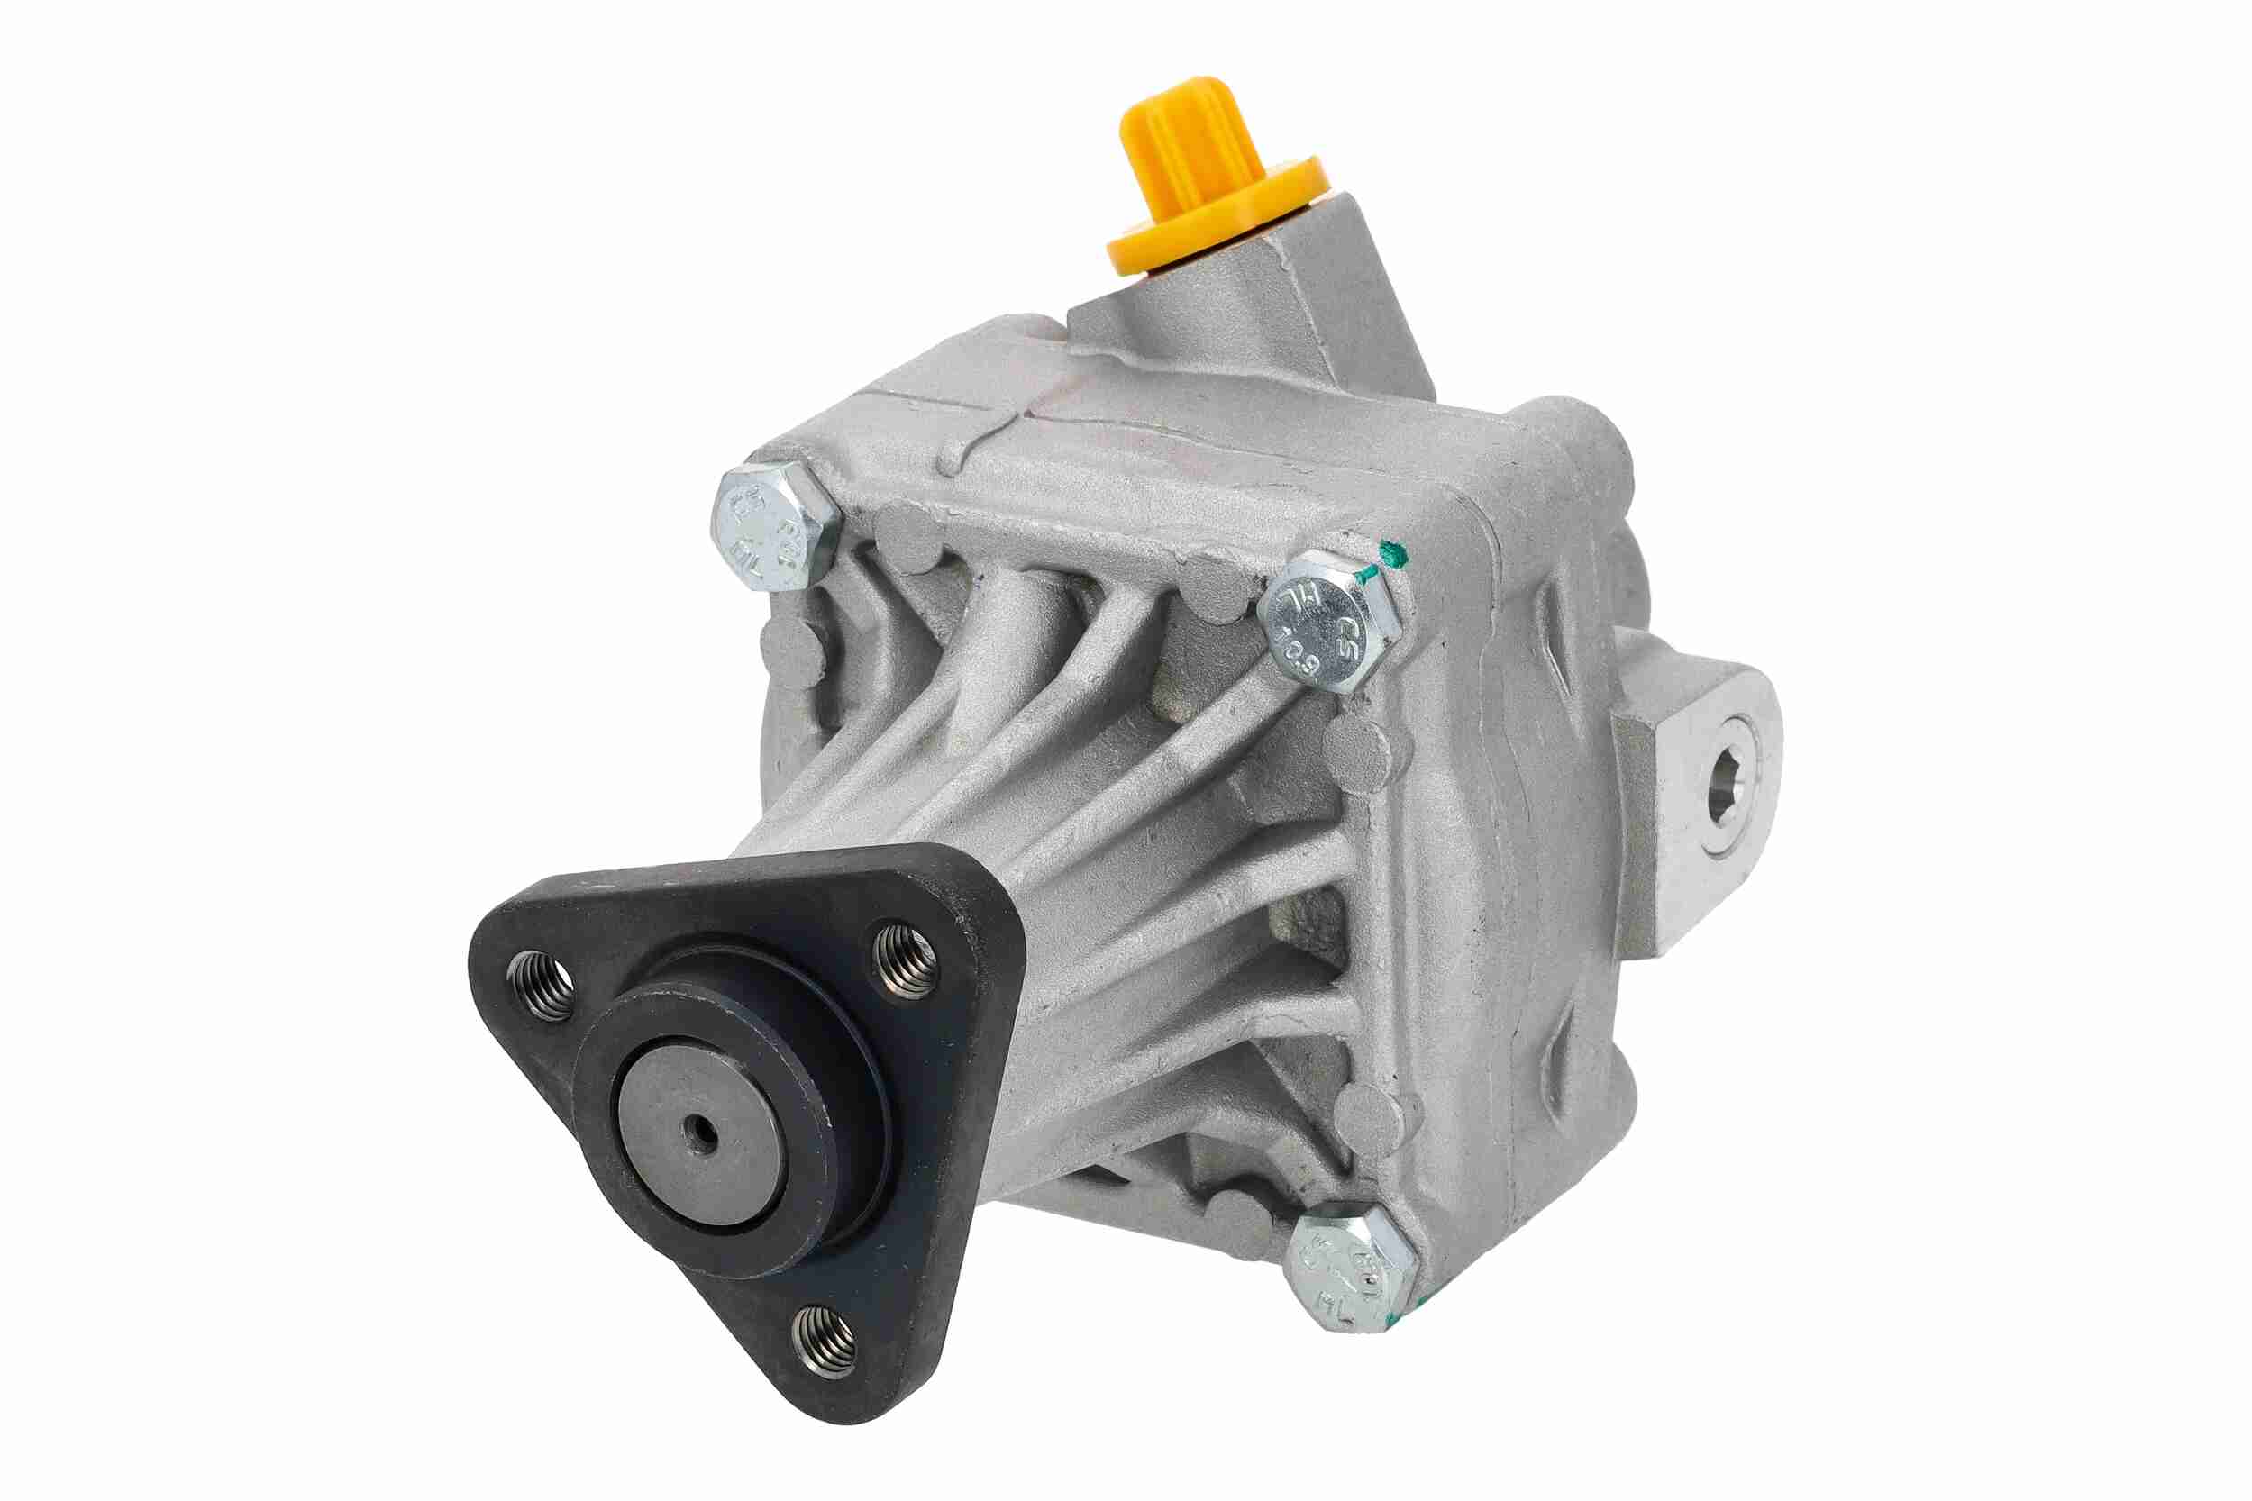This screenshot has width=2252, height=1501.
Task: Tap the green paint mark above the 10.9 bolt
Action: [x=1389, y=554]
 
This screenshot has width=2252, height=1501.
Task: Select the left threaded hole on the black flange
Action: [x=540, y=986]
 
